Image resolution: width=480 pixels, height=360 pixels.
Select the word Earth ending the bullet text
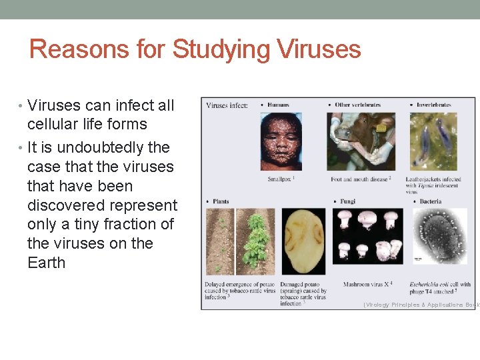(x=47, y=263)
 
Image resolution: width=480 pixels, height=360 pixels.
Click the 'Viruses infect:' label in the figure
(x=227, y=105)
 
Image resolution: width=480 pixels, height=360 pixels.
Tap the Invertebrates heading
(x=433, y=105)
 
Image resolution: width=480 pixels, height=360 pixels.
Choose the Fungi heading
(x=348, y=201)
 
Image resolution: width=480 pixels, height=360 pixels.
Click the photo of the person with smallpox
(x=281, y=141)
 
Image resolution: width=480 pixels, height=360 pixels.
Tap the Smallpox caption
(x=281, y=179)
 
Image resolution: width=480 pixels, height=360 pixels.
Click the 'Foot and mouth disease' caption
(x=360, y=179)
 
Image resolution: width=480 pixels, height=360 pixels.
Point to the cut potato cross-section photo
(x=303, y=241)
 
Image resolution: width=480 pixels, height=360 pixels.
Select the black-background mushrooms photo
(x=367, y=236)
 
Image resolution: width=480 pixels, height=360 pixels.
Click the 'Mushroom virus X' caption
(x=367, y=285)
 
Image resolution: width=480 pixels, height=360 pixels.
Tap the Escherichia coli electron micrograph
(x=439, y=236)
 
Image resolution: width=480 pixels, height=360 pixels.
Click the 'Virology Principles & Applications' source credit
(x=421, y=305)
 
